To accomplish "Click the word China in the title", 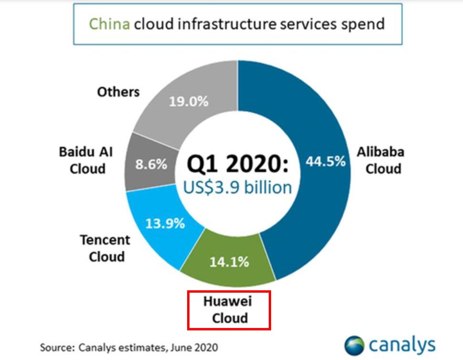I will [110, 23].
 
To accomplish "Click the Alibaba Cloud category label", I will [380, 160].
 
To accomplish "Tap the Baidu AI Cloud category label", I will [86, 160].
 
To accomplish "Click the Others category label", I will [118, 91].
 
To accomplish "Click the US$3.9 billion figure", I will [237, 187].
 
